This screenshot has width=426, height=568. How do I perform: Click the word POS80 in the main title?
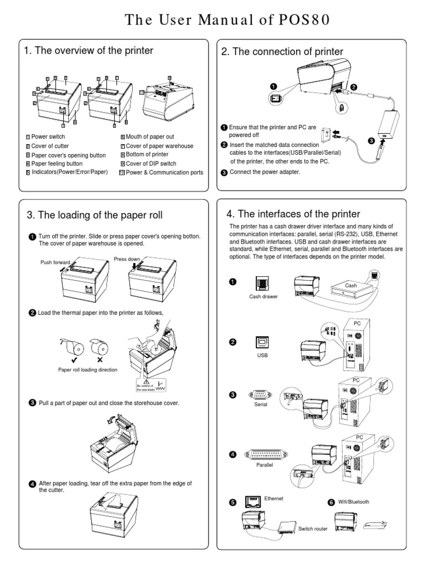[301, 20]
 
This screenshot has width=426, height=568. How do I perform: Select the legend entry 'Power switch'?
[48, 136]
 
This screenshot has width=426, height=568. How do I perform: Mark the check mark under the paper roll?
[72, 359]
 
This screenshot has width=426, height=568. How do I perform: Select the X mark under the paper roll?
[100, 359]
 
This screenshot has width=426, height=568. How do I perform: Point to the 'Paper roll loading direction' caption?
[88, 369]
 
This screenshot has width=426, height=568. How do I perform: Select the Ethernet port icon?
[253, 502]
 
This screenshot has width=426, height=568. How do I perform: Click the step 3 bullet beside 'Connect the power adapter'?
[224, 172]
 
